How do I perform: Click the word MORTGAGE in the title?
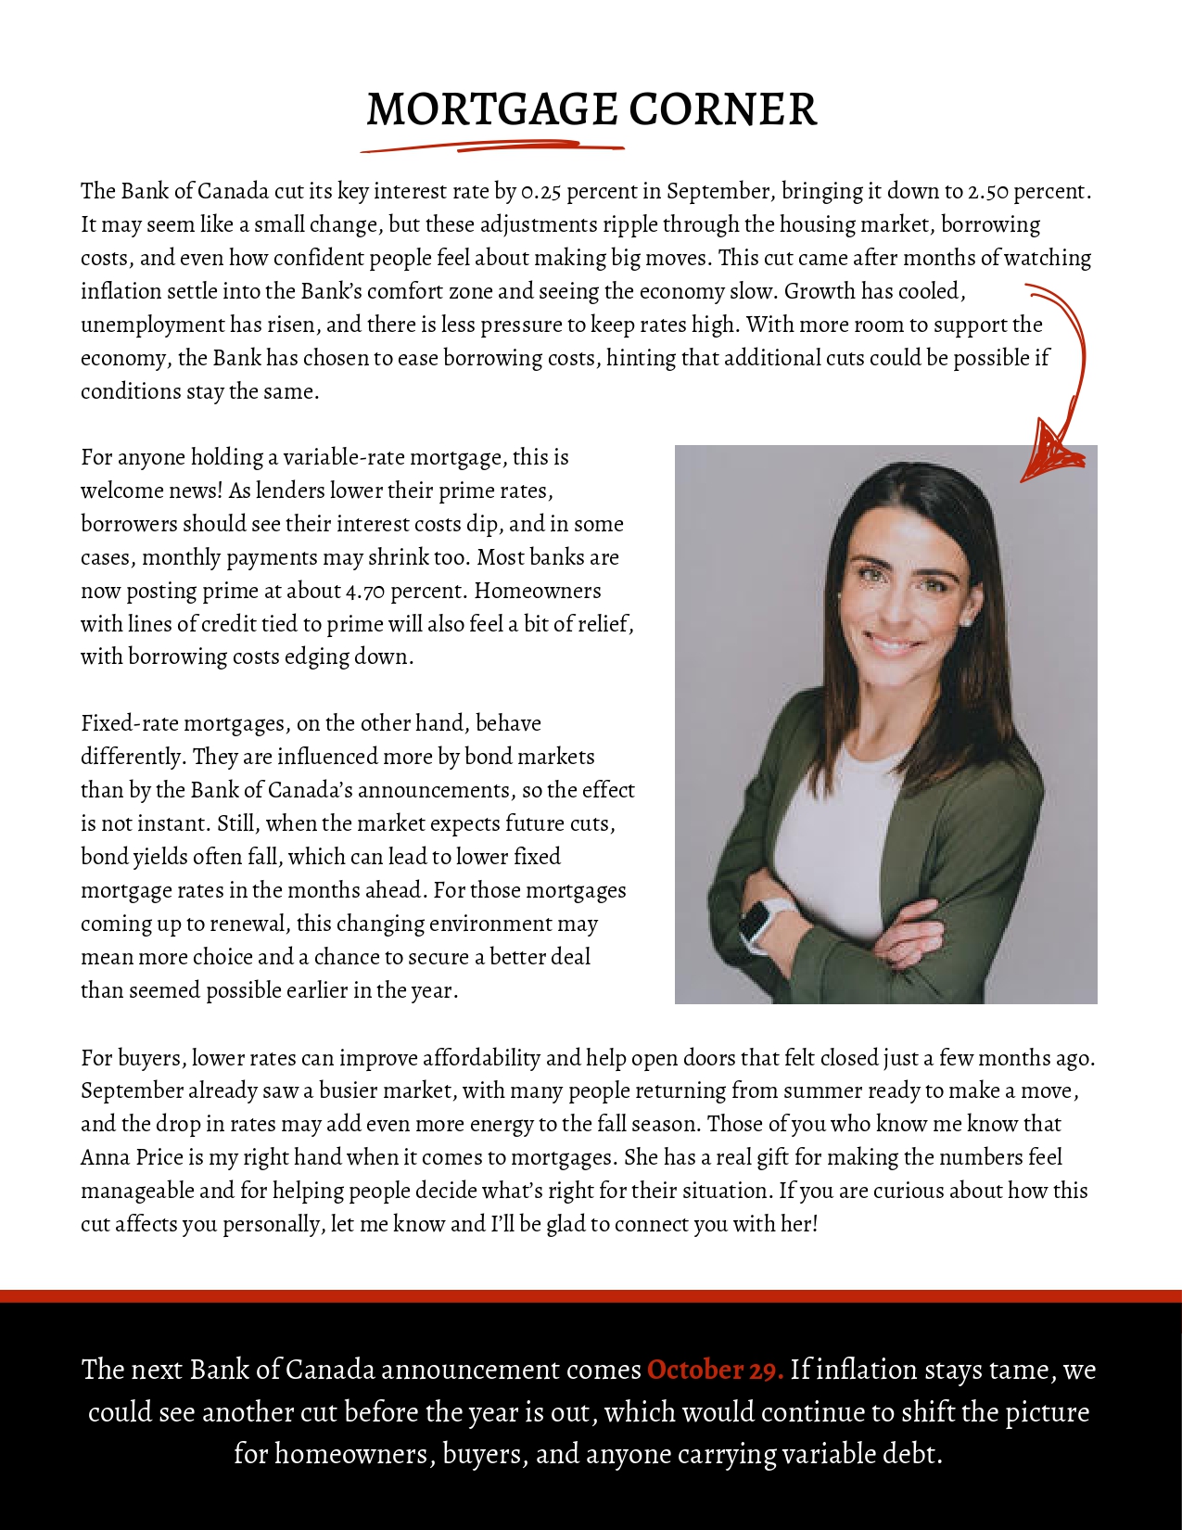pos(492,109)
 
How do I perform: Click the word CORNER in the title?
pos(723,109)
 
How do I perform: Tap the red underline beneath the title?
pos(491,147)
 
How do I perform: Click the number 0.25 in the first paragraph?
pos(541,192)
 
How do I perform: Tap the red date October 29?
pos(715,1370)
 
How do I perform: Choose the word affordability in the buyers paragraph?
pos(481,1058)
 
